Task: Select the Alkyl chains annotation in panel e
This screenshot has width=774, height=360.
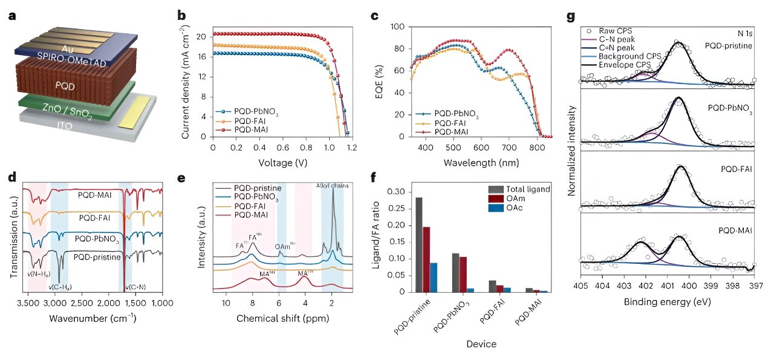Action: (331, 186)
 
